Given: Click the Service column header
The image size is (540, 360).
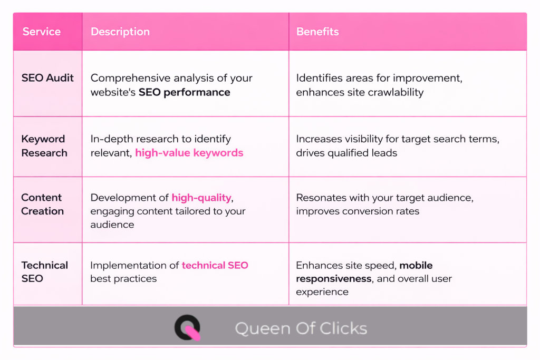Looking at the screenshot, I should coord(42,32).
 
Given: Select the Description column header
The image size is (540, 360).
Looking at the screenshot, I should coord(120,32).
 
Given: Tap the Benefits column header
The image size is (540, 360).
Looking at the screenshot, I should coord(317,32).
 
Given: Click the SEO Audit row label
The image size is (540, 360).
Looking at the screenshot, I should coord(47,78).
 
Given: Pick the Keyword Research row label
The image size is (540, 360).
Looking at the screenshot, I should coord(44,146).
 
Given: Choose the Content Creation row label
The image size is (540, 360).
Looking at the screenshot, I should coord(42,204).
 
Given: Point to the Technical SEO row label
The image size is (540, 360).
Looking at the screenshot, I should coord(44,271).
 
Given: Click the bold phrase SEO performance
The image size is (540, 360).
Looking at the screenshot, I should coord(185,92).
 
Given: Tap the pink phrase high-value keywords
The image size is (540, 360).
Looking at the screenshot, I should coord(189,153).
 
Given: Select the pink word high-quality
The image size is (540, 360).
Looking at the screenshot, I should coord(201,198).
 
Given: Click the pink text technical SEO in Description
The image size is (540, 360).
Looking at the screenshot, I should coord(215,265).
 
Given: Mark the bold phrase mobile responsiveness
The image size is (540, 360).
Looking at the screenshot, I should coord(364,272).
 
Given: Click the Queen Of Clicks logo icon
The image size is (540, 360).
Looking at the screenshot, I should coord(188,327).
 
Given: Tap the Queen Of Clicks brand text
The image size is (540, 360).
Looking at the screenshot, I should coord(301,328).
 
